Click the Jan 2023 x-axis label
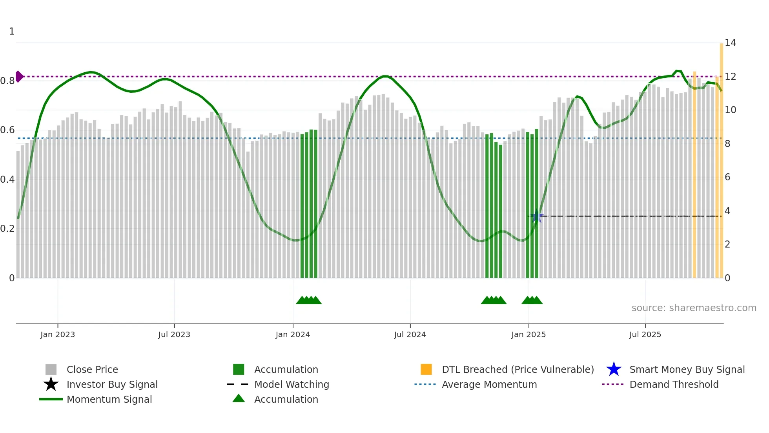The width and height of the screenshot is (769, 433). coord(58,334)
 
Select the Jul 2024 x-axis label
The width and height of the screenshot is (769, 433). coord(410,334)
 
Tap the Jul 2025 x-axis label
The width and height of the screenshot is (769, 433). coord(645,334)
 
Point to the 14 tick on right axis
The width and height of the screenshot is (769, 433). coord(730,43)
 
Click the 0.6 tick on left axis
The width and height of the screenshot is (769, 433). coord(7,130)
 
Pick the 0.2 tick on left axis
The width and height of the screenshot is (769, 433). coord(7,229)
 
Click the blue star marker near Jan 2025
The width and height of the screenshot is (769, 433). coord(536,216)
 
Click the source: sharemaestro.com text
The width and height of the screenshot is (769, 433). coord(694,308)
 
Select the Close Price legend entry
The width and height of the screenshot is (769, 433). coord(92,369)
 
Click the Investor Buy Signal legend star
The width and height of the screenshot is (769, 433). coord(51,384)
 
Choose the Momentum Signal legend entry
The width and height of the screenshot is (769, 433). coord(109,399)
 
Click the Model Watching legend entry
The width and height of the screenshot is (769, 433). coord(292,384)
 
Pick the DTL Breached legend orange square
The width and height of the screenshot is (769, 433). coord(426,369)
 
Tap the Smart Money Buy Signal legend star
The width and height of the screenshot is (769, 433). coord(614,369)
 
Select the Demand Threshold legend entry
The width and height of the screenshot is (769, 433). coord(674,384)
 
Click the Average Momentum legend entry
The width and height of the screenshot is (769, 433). coord(489,384)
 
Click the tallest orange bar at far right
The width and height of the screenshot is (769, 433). coord(721,157)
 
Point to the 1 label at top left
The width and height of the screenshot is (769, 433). coord(12,31)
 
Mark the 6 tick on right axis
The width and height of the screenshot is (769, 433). coord(727,177)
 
